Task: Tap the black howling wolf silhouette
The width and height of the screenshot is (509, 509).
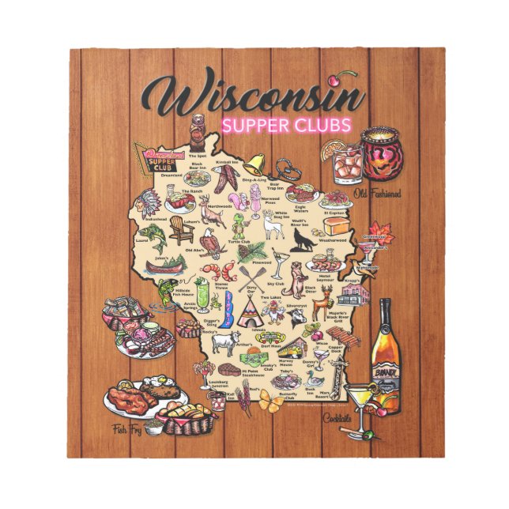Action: [300, 240]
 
